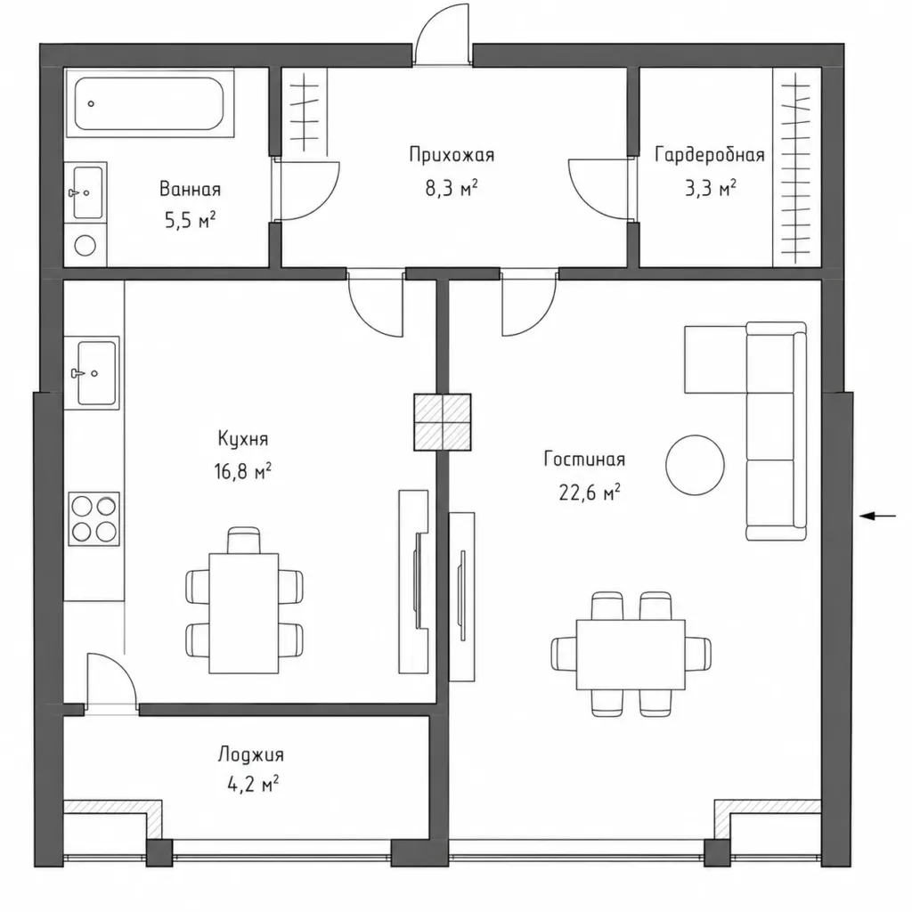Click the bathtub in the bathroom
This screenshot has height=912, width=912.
tap(150, 103)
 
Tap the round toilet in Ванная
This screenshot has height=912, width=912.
tap(85, 246)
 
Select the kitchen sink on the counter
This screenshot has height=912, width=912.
tap(93, 373)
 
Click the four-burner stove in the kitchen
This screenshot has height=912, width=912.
tap(94, 519)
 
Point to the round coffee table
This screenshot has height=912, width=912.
tap(695, 465)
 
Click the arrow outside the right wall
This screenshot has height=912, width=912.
tap(877, 516)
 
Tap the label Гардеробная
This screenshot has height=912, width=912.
tap(710, 155)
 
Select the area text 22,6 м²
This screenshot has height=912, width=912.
tap(590, 493)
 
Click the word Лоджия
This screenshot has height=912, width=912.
tap(251, 754)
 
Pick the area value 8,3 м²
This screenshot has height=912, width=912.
tap(452, 188)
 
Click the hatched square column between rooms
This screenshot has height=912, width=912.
tap(442, 422)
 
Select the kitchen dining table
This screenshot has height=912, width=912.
tap(244, 613)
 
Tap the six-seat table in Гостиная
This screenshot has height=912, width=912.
tap(631, 655)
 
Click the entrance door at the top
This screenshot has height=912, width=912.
tap(442, 35)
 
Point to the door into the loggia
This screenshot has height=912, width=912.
tap(111, 681)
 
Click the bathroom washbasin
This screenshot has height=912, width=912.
tap(86, 192)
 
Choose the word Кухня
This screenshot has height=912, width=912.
tap(243, 438)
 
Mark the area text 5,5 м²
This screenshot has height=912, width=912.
tap(191, 221)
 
